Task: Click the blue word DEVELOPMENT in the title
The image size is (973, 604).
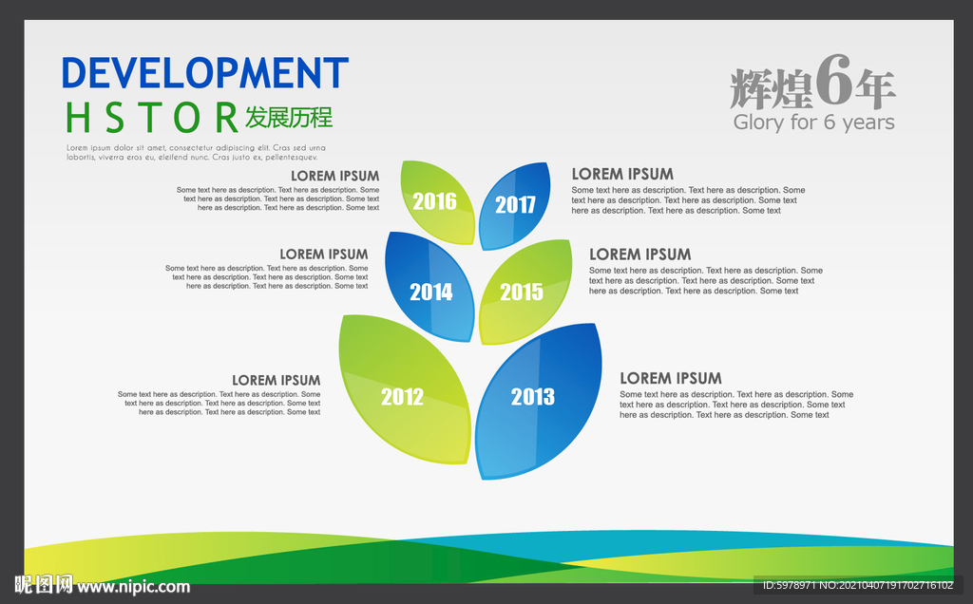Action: (x=205, y=72)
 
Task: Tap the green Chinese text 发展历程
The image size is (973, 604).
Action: (x=289, y=117)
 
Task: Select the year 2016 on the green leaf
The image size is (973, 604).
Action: (x=434, y=201)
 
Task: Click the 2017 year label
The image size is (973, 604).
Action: (x=515, y=204)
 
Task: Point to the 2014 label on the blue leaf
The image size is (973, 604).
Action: (x=430, y=292)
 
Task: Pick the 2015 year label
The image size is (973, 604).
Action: (x=522, y=292)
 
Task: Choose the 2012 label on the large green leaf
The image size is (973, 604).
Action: (x=402, y=396)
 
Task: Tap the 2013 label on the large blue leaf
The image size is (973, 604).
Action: (x=532, y=396)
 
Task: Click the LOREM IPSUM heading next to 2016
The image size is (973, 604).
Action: (x=335, y=176)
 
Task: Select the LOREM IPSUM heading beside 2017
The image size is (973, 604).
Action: (x=622, y=174)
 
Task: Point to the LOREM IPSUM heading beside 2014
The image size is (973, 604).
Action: (x=324, y=255)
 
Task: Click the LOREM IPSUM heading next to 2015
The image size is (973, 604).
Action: (x=639, y=255)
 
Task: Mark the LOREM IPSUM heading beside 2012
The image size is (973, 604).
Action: (x=277, y=380)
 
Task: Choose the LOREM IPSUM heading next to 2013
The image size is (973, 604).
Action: (x=671, y=378)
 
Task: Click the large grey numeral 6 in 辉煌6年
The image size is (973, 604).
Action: (x=832, y=81)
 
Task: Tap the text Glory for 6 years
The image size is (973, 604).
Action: (x=813, y=123)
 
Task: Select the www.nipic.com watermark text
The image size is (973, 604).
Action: (x=133, y=587)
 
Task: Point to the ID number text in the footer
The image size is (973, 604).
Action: (x=858, y=585)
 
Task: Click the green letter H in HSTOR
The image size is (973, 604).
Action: (x=78, y=118)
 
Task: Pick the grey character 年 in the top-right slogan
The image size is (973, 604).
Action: (x=875, y=89)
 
